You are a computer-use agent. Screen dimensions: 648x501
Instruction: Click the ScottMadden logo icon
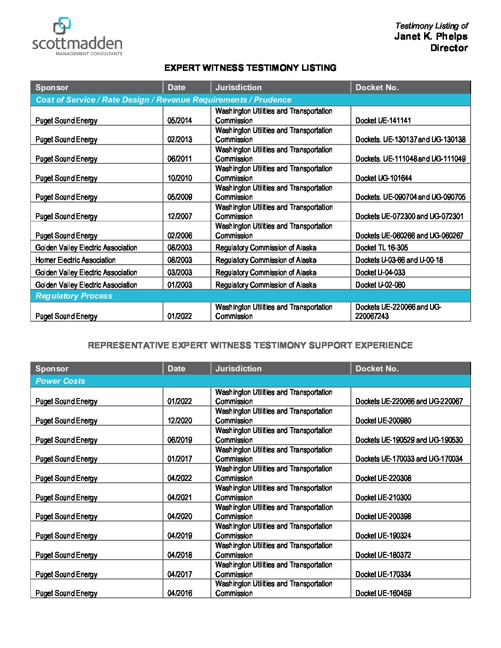pos(62,26)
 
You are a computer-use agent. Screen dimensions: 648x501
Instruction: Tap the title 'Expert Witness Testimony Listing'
pos(250,68)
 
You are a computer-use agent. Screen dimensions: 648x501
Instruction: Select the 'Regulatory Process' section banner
pos(74,296)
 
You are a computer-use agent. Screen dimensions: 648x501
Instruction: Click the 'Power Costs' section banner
pos(60,381)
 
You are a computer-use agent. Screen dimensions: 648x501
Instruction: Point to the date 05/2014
pos(180,121)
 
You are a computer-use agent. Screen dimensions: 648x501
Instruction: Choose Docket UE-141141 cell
pos(383,121)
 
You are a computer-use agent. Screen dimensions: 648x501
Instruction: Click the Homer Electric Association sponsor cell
pos(76,260)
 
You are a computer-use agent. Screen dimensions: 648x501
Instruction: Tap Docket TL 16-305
pos(381,248)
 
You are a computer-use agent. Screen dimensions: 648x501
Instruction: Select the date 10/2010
pos(180,178)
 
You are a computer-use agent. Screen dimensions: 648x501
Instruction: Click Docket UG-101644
pos(384,178)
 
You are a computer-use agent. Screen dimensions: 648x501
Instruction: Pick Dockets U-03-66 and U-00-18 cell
pos(399,260)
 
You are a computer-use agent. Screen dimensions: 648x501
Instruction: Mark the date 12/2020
pos(180,421)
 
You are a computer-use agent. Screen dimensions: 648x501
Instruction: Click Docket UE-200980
pos(383,421)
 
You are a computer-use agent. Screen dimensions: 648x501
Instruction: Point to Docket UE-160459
pos(383,593)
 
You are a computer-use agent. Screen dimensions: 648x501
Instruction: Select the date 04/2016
pos(180,593)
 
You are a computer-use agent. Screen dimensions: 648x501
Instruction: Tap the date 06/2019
pos(180,440)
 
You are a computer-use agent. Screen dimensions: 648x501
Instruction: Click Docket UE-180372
pos(383,555)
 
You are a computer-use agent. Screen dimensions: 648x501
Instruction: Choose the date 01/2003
pos(180,285)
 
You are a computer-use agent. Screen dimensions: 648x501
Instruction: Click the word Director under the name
pos(449,48)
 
